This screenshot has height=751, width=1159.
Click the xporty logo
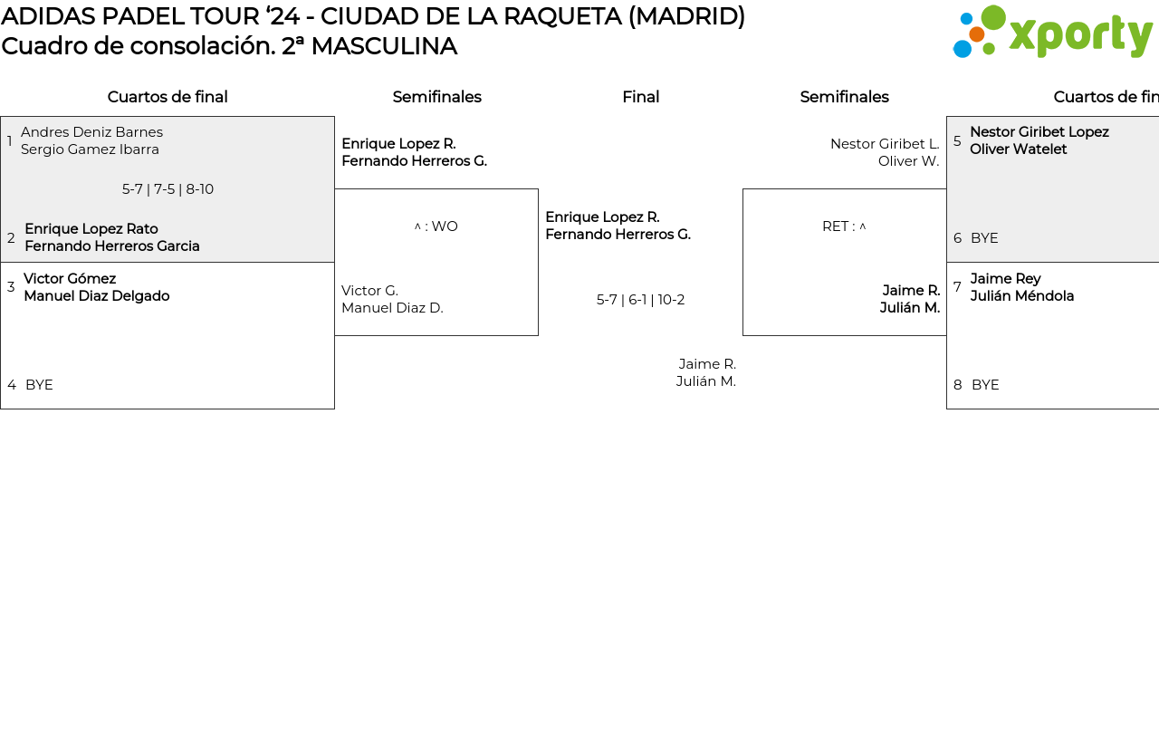click(x=1052, y=33)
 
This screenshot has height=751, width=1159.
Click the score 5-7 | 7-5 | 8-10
click(x=168, y=189)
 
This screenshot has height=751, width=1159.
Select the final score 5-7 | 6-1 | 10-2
click(x=640, y=300)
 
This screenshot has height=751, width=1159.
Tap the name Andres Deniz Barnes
click(x=91, y=132)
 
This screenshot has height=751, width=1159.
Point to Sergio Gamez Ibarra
click(x=90, y=149)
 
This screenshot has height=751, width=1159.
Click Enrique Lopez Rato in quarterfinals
click(x=91, y=229)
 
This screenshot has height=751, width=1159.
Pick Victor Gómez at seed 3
click(x=70, y=279)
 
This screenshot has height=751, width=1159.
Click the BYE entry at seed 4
click(x=39, y=385)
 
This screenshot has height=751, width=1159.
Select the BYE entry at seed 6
click(x=984, y=238)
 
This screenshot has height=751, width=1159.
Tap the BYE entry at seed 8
click(x=985, y=385)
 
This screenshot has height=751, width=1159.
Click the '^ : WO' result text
click(x=436, y=226)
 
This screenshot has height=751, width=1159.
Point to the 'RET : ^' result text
click(x=844, y=226)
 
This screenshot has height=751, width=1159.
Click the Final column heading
click(x=640, y=97)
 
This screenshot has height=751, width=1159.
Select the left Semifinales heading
click(x=436, y=97)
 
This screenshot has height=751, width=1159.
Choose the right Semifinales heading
click(x=844, y=97)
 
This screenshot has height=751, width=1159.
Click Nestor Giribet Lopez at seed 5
click(x=1039, y=132)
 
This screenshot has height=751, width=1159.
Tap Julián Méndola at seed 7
click(x=1021, y=296)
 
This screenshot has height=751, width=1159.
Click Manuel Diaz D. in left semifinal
click(x=392, y=308)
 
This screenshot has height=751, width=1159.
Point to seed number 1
click(x=10, y=141)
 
